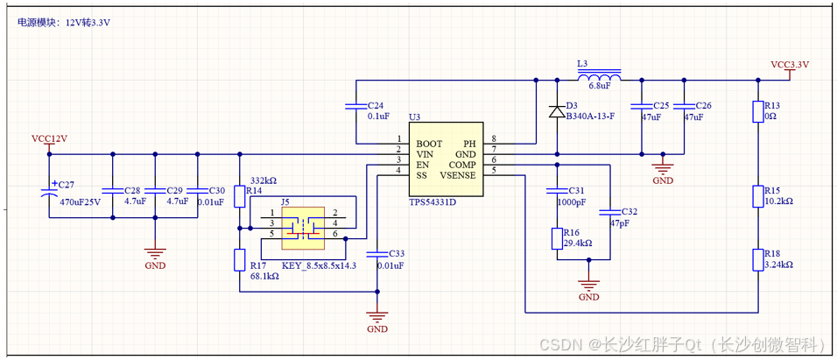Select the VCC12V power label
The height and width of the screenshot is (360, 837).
[x=49, y=138]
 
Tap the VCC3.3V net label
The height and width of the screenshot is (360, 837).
[x=790, y=65]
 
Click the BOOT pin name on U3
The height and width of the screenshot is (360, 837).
[x=429, y=143]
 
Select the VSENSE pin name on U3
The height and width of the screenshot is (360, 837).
[x=458, y=175]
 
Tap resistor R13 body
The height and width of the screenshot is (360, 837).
[x=758, y=112]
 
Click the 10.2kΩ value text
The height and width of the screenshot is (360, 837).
[x=778, y=201]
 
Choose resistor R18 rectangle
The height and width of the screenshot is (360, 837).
[x=758, y=260]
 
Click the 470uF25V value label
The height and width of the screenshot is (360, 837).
[x=80, y=201]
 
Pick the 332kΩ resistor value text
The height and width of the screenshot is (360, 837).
[x=263, y=180]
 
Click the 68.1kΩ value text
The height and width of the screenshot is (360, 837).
[x=264, y=276]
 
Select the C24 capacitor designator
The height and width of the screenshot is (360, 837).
[x=376, y=104]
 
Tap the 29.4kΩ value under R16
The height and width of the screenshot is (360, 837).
[x=580, y=244]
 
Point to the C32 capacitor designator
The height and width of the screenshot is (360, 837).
[x=629, y=212]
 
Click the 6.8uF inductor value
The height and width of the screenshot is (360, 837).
[x=600, y=86]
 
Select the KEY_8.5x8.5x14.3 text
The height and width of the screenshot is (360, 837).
[x=319, y=265]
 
